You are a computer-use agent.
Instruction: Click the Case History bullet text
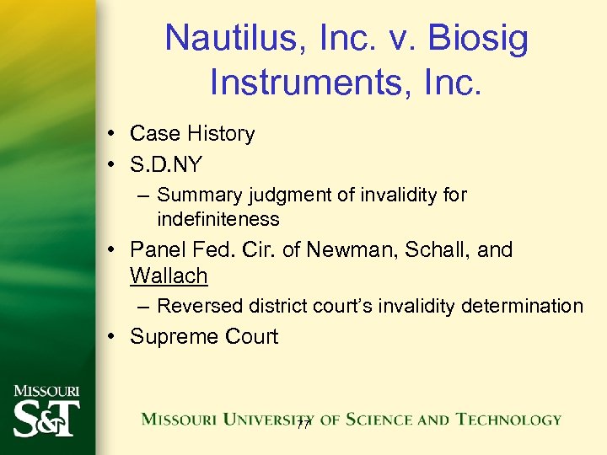point(192,134)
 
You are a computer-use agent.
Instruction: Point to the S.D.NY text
point(166,164)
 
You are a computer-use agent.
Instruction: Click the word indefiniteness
point(218,219)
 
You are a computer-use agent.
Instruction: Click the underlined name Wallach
point(169,276)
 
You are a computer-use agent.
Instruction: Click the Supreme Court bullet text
point(203,336)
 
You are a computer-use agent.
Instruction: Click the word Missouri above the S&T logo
point(46,391)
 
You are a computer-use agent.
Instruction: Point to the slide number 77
point(304,427)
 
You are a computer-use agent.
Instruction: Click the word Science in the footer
point(384,419)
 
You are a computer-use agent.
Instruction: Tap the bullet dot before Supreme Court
point(112,337)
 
